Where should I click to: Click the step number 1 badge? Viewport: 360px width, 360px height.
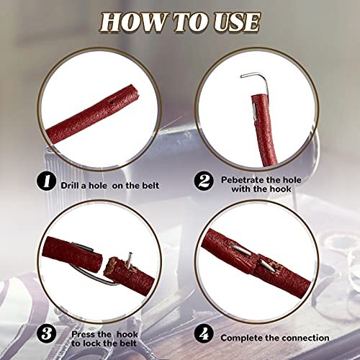pos(47,181)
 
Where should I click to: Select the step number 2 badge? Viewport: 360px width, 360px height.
pos(204,181)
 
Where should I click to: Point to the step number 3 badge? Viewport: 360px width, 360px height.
pos(47,334)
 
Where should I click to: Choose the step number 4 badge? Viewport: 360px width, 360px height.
pos(204,334)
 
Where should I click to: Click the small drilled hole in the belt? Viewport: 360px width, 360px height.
pos(112,102)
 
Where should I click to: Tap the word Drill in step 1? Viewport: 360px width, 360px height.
pos(71,186)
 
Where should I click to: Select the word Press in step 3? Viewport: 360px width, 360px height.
pos(84,334)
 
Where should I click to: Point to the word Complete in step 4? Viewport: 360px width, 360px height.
pos(241,338)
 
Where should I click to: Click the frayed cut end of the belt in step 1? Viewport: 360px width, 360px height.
pos(135,91)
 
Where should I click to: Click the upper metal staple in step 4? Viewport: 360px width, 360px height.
pos(242,250)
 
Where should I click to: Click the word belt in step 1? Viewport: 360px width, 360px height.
pos(149,186)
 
